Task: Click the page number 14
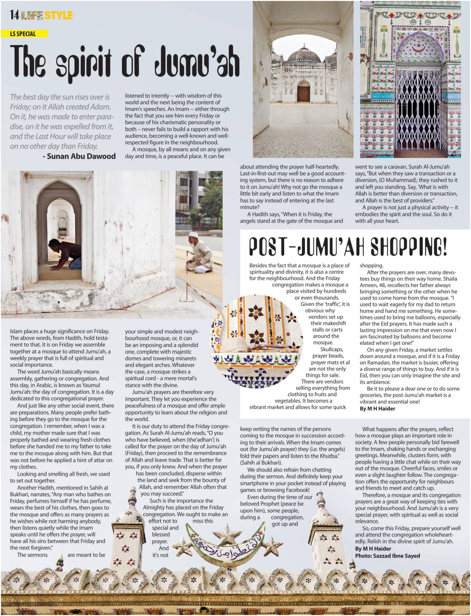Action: click(14, 15)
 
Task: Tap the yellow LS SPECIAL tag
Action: click(24, 34)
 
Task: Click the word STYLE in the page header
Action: click(58, 15)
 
